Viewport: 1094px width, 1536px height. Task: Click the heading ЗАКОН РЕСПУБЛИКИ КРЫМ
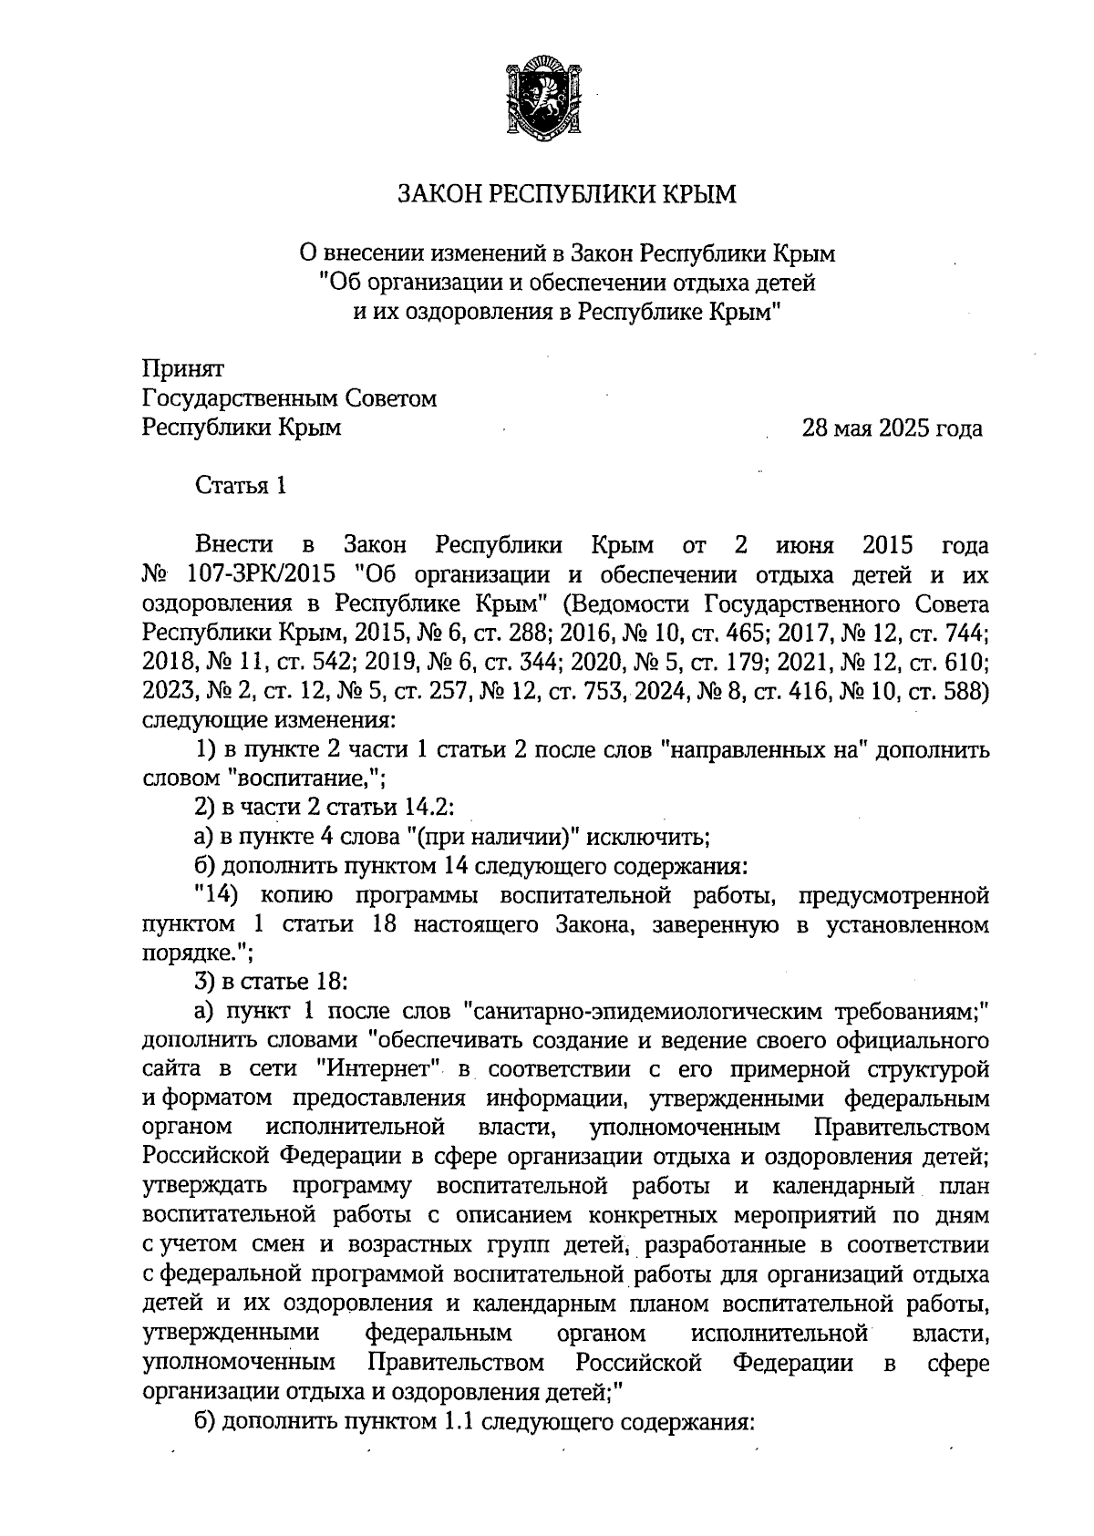point(565,195)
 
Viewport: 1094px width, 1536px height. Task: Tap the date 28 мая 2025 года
point(892,428)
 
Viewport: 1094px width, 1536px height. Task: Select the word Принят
point(183,369)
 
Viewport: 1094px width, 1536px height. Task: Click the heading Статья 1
point(242,486)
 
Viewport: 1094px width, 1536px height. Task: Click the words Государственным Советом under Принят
point(290,398)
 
